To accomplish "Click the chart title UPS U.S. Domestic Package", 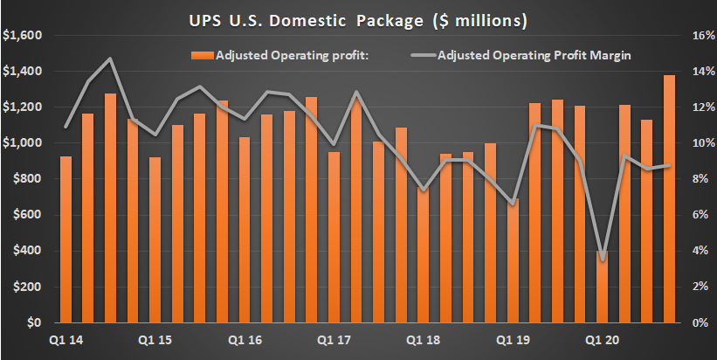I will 358,17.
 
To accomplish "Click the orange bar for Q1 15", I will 155,239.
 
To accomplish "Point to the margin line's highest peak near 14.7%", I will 111,59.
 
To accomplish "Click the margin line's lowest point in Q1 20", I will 603,259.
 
